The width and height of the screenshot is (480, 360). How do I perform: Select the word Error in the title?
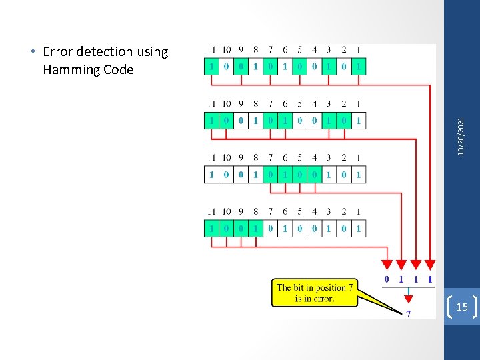57,52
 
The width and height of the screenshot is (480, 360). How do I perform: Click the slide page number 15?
461,307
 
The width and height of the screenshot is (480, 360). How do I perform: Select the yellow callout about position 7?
315,293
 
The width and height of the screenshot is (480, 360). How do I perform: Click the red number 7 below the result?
408,313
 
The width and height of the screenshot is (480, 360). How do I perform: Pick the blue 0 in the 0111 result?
387,280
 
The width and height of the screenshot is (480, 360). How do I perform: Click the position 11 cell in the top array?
212,67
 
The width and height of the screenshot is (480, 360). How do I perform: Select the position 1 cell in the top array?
359,67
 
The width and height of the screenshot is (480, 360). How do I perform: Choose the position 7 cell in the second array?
271,121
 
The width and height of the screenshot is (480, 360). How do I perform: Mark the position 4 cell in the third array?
315,175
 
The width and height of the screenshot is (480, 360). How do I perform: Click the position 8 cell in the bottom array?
256,229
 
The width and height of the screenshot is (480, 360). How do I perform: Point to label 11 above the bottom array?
211,212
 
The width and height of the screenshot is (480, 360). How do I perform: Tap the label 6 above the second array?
285,104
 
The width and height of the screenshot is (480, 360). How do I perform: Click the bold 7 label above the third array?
271,158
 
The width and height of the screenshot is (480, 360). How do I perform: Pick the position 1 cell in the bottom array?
359,229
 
